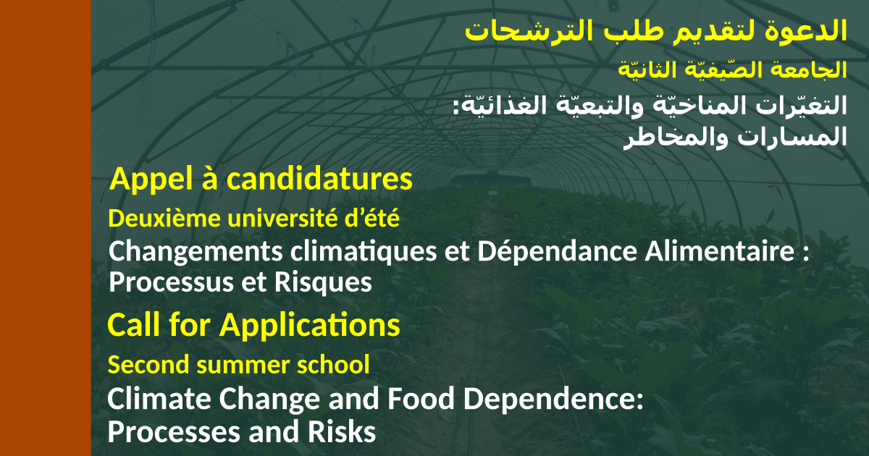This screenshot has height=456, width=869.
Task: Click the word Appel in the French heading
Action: (x=151, y=180)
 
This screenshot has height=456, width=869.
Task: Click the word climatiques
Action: (x=364, y=252)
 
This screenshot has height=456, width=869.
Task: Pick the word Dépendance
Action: (x=557, y=251)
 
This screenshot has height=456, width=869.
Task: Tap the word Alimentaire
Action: (x=720, y=251)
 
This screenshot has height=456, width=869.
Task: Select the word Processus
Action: (x=172, y=282)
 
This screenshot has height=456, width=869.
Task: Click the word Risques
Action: (x=323, y=282)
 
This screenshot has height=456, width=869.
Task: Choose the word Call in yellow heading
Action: (x=134, y=324)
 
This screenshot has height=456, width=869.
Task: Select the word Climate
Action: (x=159, y=399)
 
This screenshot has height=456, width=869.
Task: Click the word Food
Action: (x=421, y=399)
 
